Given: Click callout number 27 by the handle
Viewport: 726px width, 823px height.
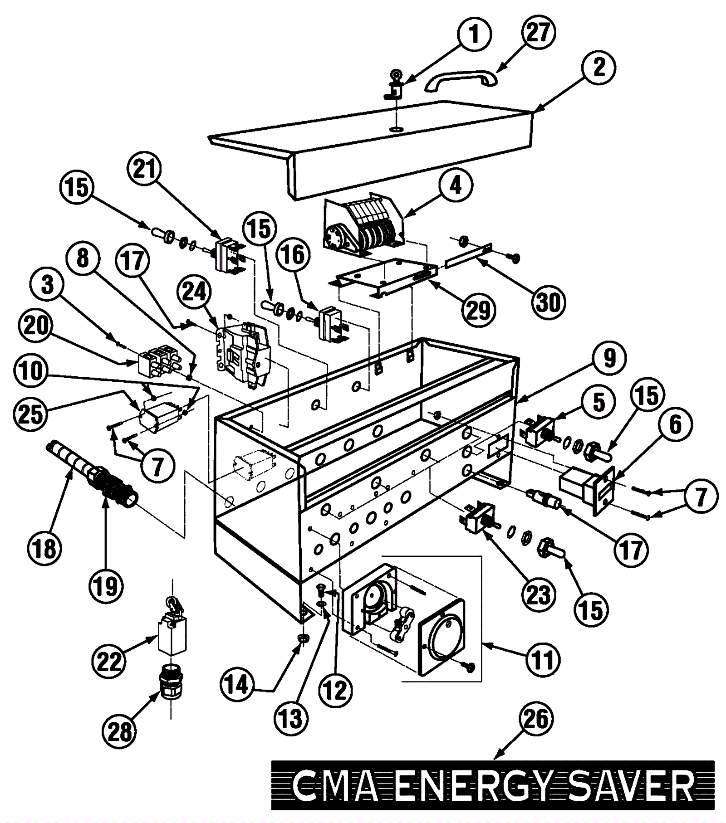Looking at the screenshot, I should [538, 33].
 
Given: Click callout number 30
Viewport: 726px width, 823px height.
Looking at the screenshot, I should [549, 302].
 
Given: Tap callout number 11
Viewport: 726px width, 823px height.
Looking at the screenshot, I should [543, 659].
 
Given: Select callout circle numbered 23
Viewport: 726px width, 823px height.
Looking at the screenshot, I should [538, 594].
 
